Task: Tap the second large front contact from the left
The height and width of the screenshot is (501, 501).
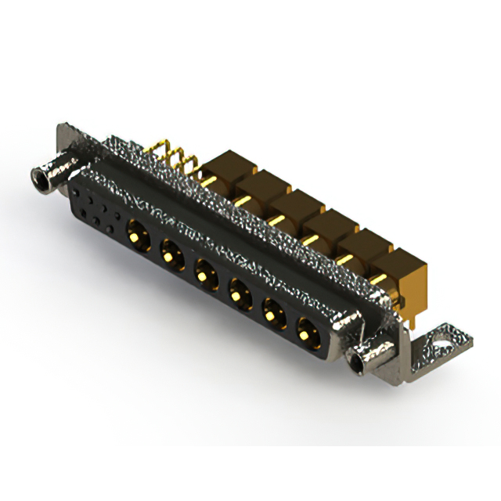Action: tap(171, 252)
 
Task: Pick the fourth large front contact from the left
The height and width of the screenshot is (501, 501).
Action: tap(237, 294)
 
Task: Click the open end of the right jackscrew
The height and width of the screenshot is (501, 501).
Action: tap(361, 362)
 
